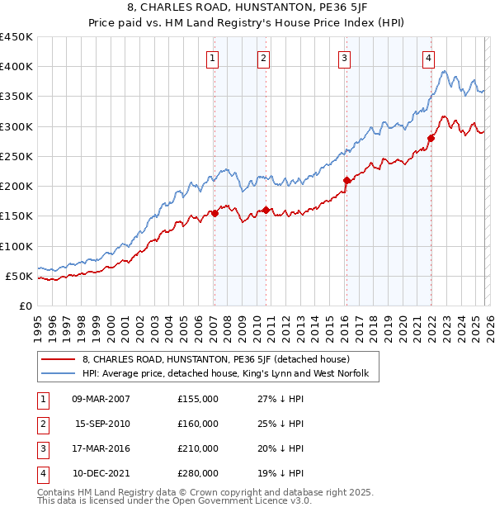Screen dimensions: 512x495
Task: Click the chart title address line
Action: (x=247, y=7)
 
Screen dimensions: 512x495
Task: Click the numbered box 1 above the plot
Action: (x=213, y=58)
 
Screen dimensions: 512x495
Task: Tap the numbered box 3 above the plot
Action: (x=343, y=58)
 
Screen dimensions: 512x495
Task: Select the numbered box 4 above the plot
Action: (x=429, y=58)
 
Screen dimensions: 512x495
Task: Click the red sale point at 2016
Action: (x=346, y=180)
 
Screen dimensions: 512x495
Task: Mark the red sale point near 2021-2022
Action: (x=431, y=138)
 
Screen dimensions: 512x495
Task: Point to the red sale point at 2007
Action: (x=214, y=213)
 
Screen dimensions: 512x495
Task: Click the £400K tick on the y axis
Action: (x=16, y=67)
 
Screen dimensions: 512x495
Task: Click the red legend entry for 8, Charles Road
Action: (x=216, y=359)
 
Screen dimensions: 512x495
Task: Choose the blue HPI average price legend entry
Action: (x=230, y=374)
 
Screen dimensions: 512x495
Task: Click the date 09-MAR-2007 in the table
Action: (x=101, y=399)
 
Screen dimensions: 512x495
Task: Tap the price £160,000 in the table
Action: (x=198, y=424)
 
